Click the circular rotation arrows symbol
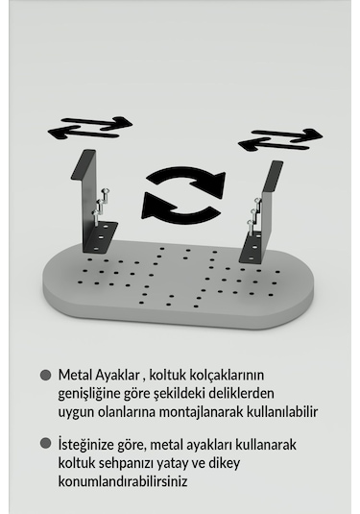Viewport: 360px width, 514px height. pyautogui.click(x=183, y=191)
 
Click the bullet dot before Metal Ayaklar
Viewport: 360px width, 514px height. pyautogui.click(x=45, y=376)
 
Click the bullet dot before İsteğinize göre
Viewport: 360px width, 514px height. pyautogui.click(x=45, y=444)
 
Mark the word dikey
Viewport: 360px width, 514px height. pyautogui.click(x=242, y=463)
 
